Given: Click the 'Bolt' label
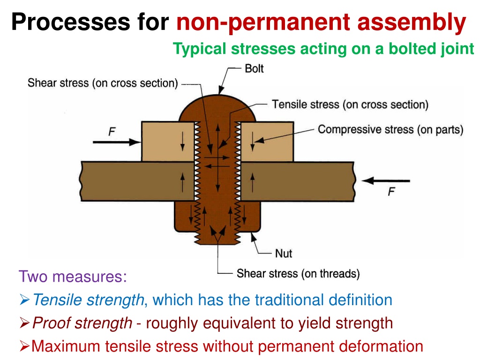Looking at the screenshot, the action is tap(254, 68).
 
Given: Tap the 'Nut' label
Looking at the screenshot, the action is tap(284, 254).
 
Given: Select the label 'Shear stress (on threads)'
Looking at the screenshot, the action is tap(298, 273).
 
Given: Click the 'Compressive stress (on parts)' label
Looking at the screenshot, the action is tap(390, 129).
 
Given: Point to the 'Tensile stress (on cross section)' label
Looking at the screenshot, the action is tap(350, 105).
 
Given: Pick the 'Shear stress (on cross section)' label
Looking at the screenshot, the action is tap(103, 83).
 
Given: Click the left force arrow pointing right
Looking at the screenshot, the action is tap(117, 142).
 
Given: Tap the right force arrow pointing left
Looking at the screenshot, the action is tap(386, 180).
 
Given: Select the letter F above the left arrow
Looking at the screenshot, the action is tap(112, 132).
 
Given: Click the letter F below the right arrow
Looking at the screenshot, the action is tap(391, 192).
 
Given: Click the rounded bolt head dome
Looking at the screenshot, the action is tap(217, 109).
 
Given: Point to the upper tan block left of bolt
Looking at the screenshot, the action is tap(168, 142).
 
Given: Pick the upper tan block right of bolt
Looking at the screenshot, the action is tap(267, 142).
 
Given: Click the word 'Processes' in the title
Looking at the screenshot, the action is tap(71, 22).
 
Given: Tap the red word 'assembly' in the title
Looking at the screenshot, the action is tap(412, 22).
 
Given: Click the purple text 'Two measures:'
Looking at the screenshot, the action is tap(73, 277).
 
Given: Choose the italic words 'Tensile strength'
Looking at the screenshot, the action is tap(88, 300).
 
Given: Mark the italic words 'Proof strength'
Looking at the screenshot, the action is tap(82, 323).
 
